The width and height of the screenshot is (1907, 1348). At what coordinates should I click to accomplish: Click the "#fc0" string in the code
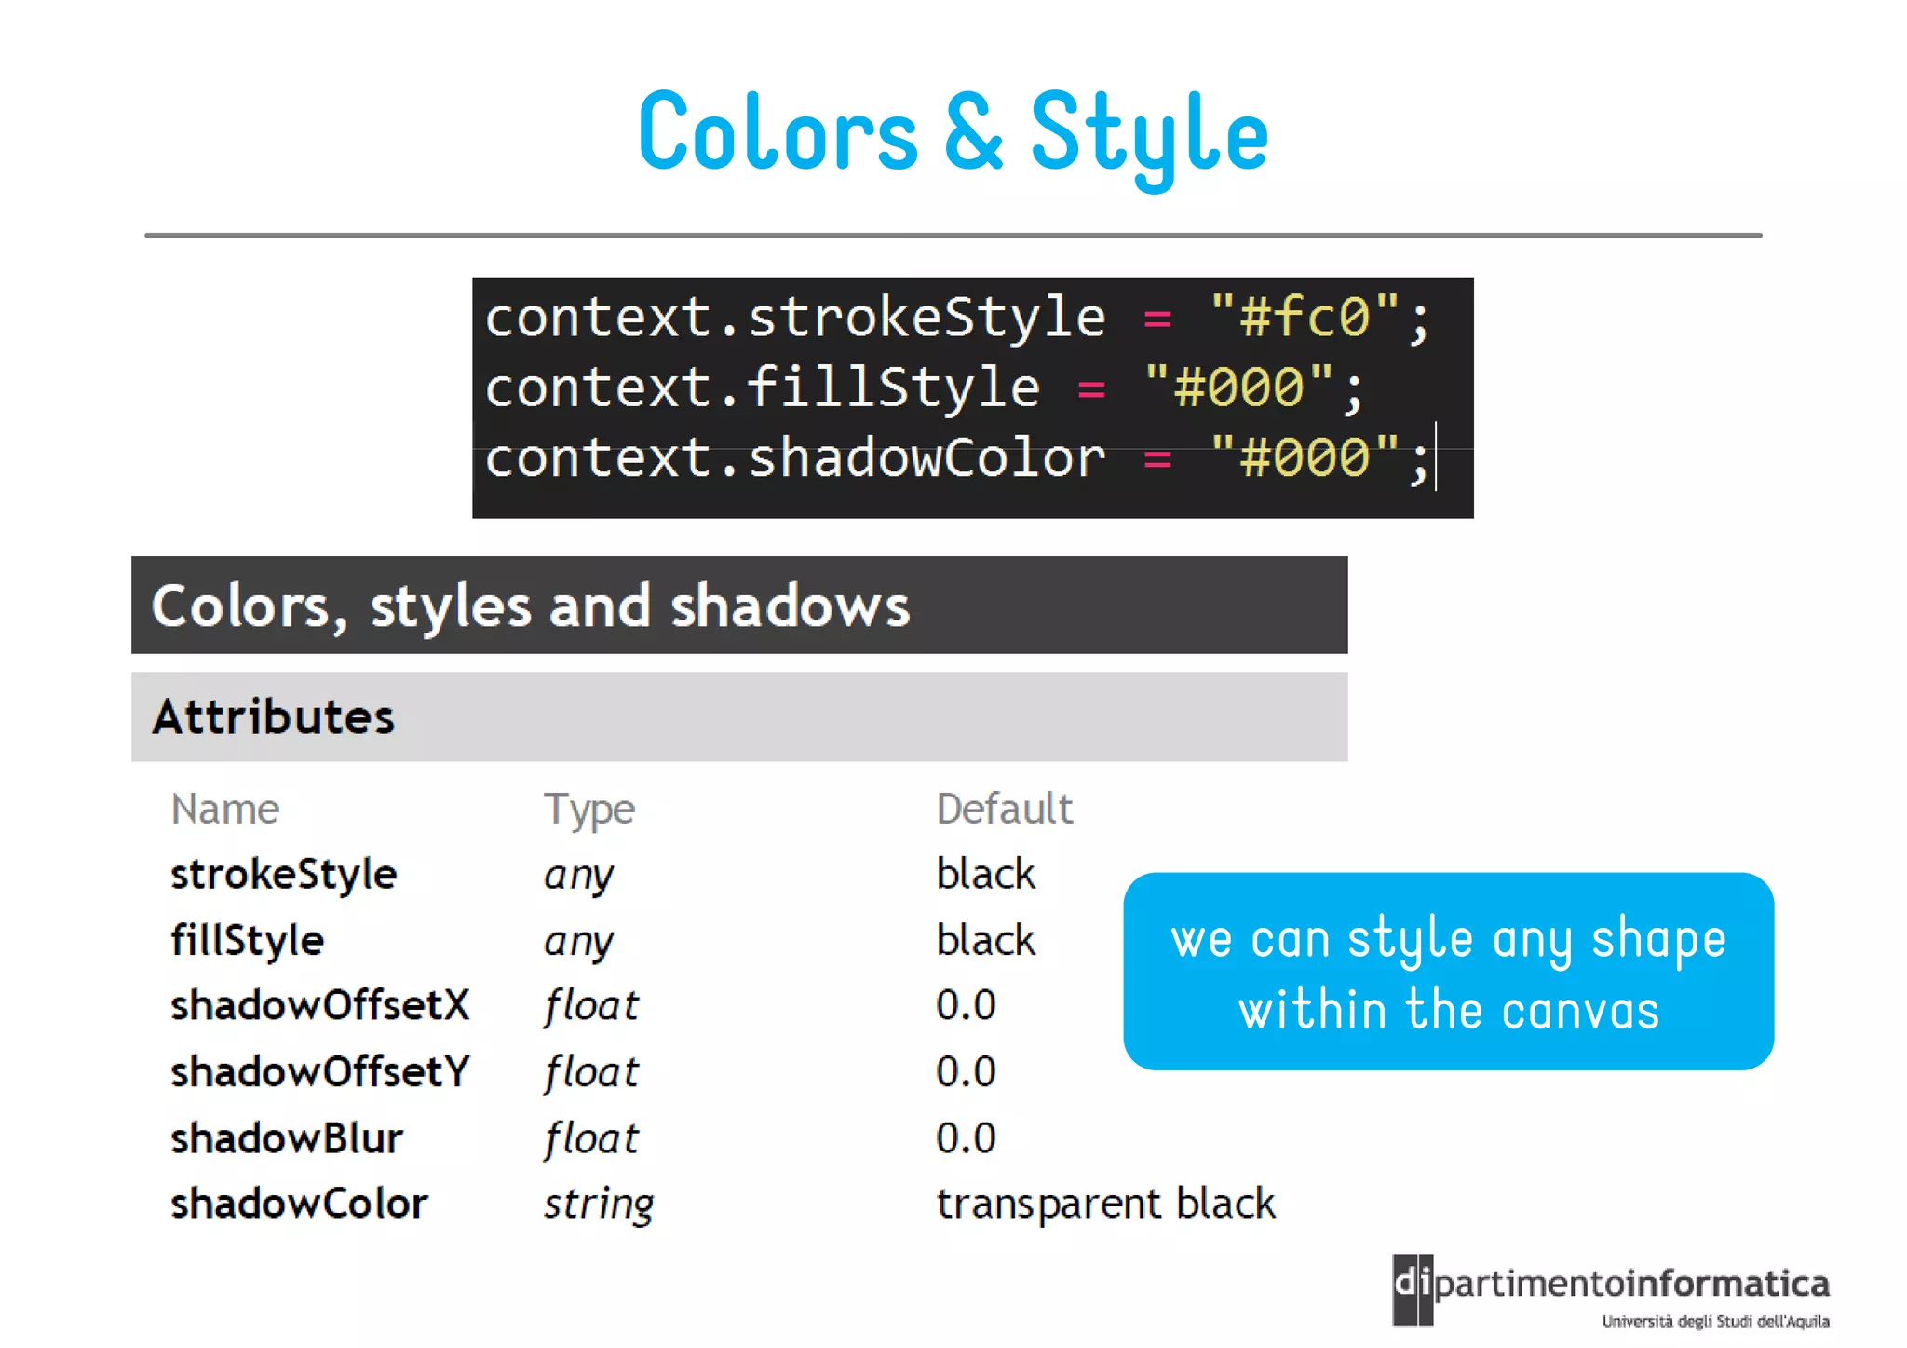tap(1304, 317)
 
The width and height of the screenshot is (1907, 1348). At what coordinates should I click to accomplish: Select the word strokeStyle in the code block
tap(926, 317)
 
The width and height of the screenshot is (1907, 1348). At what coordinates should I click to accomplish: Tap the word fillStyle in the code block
tap(892, 387)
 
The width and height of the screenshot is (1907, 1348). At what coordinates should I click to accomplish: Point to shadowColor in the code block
tap(926, 457)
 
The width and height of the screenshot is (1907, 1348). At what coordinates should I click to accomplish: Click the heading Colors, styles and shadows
tap(531, 606)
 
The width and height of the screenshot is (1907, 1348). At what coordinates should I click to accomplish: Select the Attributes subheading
tap(274, 716)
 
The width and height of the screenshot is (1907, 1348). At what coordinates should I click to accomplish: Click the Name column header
tap(225, 809)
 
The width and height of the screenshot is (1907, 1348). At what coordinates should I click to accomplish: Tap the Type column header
tap(588, 809)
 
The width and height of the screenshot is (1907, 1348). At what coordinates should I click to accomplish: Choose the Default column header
tap(1004, 809)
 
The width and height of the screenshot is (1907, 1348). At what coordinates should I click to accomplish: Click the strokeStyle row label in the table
tap(284, 875)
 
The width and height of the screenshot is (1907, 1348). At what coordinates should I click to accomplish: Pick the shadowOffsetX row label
tap(320, 1006)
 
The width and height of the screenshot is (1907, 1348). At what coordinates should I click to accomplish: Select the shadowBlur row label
tap(287, 1138)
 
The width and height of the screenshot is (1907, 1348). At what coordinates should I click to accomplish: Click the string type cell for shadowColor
tap(599, 1205)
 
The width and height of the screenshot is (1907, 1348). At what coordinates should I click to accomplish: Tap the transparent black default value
tap(1105, 1205)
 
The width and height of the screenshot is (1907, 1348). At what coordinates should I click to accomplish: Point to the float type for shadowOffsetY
tap(591, 1072)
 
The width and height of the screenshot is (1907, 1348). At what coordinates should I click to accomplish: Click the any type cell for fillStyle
tap(578, 941)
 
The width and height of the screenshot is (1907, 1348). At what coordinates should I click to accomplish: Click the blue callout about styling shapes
tap(1448, 972)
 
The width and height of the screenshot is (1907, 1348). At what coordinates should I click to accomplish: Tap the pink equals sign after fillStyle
tap(1091, 388)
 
